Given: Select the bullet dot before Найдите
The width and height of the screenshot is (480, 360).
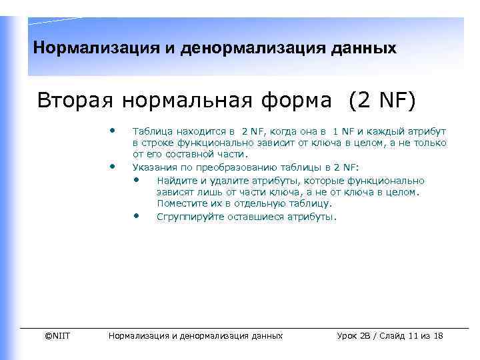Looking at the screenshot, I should click(x=137, y=179).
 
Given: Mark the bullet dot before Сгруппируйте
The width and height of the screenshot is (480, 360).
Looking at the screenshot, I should click(x=137, y=215).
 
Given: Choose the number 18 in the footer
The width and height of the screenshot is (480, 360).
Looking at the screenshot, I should click(x=438, y=335).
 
